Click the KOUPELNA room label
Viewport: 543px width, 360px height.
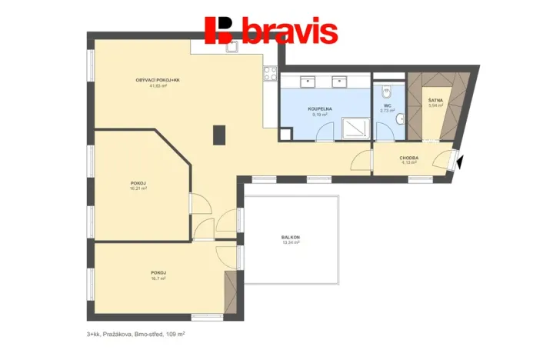click(x=321, y=108)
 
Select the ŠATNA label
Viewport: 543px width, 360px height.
click(x=435, y=100)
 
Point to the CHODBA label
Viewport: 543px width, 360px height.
click(x=408, y=157)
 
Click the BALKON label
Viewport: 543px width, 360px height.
click(x=290, y=237)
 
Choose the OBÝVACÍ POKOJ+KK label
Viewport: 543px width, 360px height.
click(x=158, y=80)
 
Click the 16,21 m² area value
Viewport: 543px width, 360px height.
click(x=138, y=188)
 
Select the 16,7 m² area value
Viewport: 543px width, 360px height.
click(x=158, y=278)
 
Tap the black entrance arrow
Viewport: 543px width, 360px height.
click(x=459, y=162)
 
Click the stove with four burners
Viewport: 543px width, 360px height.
click(x=270, y=74)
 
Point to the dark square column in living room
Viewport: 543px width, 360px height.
click(x=219, y=135)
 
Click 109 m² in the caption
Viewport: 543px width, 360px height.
click(x=175, y=335)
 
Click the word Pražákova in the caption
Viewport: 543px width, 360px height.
click(x=118, y=335)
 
